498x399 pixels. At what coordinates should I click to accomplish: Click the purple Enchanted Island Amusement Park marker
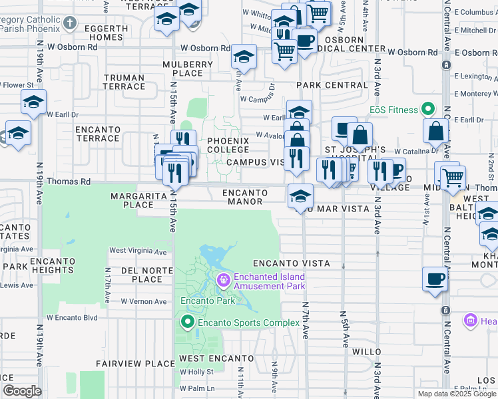pos(222,281)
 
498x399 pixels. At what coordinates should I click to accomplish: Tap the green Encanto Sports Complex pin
pos(188,323)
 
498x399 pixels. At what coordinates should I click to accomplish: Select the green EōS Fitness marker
pos(429,110)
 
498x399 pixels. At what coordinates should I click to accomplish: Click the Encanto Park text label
pos(208,301)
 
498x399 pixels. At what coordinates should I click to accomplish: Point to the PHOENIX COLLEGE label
pos(228,146)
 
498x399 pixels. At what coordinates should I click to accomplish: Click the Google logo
pos(22,391)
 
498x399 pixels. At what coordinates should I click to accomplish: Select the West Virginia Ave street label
pos(138,251)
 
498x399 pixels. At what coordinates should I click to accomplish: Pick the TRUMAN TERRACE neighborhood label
pos(124,81)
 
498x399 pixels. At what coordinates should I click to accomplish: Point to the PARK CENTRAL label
pos(332,85)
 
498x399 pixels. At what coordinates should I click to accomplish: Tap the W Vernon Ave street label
pos(143,301)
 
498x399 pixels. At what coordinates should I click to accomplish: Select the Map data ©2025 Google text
pos(457,394)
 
